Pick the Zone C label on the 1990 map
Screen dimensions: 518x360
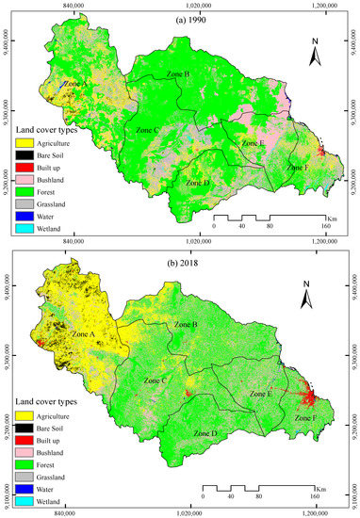coord(148,128)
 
